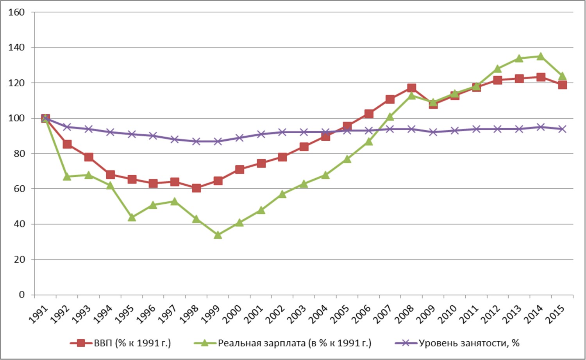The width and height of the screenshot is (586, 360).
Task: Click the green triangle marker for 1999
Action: coord(218,235)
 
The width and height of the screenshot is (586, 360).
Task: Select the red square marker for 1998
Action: coord(196,188)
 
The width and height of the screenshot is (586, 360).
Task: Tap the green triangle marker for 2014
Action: coord(541,57)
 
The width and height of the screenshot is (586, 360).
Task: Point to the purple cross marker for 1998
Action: coord(196,141)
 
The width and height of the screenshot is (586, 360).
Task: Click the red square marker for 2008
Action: coord(411,88)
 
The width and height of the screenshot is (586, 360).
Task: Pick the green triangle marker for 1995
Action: coord(132,217)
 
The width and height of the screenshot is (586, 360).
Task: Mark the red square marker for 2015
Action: coord(562,85)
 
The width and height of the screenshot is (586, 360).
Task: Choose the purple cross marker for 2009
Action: coord(433,132)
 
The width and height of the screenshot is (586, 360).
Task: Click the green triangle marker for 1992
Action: coord(67,177)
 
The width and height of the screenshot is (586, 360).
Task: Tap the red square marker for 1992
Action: coord(67,145)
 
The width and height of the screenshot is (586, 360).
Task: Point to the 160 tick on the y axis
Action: coord(16,13)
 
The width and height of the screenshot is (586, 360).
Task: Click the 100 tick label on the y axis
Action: coord(16,118)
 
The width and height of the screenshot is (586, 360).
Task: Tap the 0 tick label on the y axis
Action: coord(21,295)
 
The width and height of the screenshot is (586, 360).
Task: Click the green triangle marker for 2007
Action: coord(390,116)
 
